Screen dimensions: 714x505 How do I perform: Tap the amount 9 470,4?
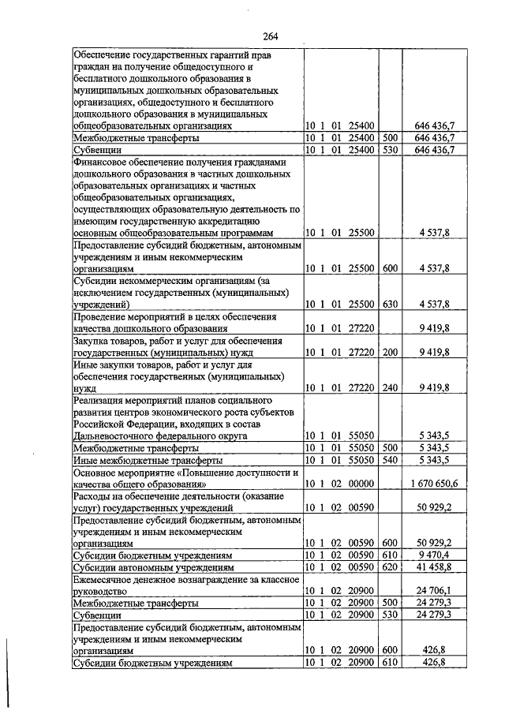click(436, 554)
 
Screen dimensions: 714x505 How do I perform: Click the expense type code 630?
click(390, 304)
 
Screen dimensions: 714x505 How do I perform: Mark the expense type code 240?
click(390, 387)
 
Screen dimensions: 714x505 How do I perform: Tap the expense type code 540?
click(390, 459)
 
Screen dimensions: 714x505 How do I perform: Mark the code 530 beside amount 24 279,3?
click(390, 613)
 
